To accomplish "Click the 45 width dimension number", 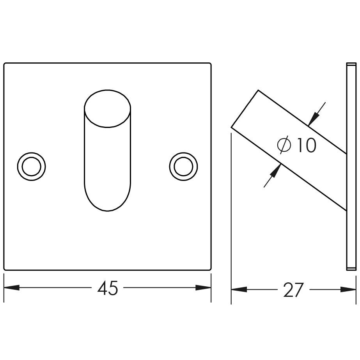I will point(108,289).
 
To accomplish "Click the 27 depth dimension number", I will point(293,290).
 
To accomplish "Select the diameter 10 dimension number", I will point(306,145).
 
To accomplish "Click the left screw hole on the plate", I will point(31,167).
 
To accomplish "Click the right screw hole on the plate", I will point(183,167).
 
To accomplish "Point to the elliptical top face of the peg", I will point(108,108).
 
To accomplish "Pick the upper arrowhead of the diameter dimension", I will point(313,118).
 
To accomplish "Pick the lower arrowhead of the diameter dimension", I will point(275,172).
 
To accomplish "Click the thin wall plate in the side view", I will point(351,168).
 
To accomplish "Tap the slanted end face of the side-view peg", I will point(245,109).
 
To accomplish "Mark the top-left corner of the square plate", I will point(5,64).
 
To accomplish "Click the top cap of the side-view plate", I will point(351,64).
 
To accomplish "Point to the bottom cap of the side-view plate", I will point(351,268).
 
